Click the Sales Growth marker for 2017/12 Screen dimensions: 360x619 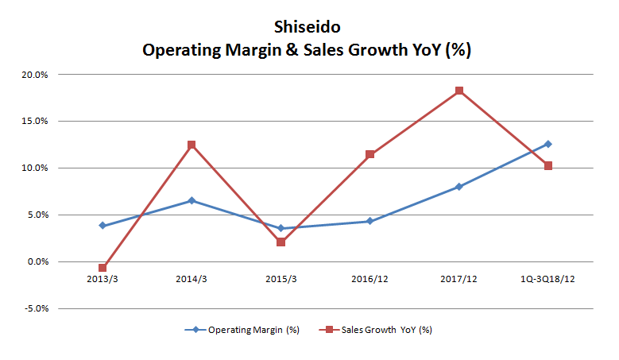click(x=459, y=91)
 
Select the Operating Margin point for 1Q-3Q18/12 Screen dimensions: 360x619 click(x=548, y=144)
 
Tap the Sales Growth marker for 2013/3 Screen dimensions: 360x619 click(x=103, y=268)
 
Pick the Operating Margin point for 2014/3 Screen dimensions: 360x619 click(x=192, y=200)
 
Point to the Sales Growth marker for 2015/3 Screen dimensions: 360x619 click(x=280, y=242)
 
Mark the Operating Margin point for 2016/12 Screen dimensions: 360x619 click(x=369, y=221)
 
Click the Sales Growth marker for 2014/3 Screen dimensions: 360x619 click(x=192, y=145)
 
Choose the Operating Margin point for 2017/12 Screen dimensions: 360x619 click(x=459, y=187)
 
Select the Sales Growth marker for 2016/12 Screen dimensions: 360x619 click(x=369, y=154)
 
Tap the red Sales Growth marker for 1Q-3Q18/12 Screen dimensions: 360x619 click(x=548, y=166)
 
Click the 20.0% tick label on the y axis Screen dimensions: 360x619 click(x=35, y=75)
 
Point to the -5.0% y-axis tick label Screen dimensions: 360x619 click(x=35, y=308)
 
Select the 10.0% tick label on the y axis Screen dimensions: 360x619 click(x=35, y=168)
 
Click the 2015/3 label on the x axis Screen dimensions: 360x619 click(x=280, y=280)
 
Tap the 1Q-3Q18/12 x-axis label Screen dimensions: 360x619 click(x=548, y=280)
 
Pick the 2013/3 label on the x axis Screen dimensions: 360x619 click(x=103, y=280)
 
